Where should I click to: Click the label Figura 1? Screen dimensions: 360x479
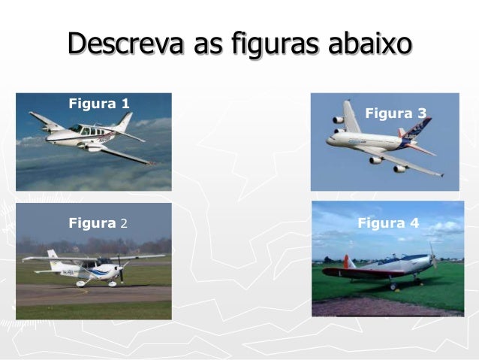click(x=99, y=103)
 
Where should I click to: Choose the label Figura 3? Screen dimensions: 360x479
click(x=396, y=113)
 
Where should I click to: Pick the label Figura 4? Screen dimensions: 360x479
click(x=388, y=222)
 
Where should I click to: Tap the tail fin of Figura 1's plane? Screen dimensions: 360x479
click(x=124, y=121)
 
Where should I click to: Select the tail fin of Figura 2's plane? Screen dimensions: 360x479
click(x=52, y=256)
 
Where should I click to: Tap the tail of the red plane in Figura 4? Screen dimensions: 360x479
click(x=347, y=262)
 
